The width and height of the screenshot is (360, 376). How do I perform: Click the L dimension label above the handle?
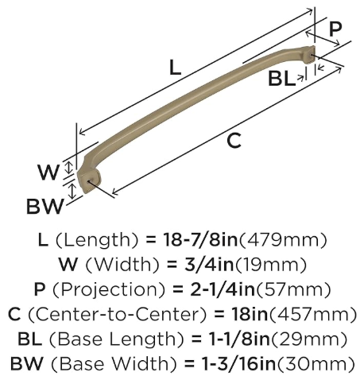pyautogui.click(x=175, y=68)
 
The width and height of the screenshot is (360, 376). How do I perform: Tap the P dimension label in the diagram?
pyautogui.click(x=335, y=29)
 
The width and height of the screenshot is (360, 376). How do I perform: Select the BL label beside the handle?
pyautogui.click(x=281, y=79)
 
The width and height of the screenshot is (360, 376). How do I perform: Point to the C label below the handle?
pyautogui.click(x=234, y=141)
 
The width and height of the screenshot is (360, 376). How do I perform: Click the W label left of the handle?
pyautogui.click(x=48, y=172)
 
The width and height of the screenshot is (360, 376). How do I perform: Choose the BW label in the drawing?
pyautogui.click(x=45, y=206)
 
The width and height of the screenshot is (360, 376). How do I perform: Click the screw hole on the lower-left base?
pyautogui.click(x=87, y=182)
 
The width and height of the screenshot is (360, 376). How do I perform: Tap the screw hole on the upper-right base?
pyautogui.click(x=312, y=56)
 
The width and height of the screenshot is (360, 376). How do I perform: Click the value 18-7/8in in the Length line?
pyautogui.click(x=200, y=240)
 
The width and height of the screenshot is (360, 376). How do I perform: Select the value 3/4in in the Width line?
pyautogui.click(x=209, y=265)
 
